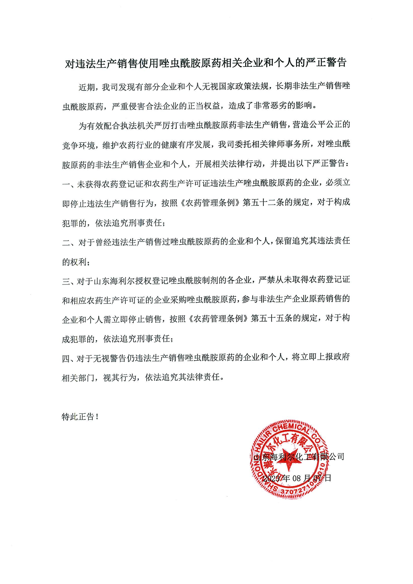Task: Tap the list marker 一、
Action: (x=69, y=184)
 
